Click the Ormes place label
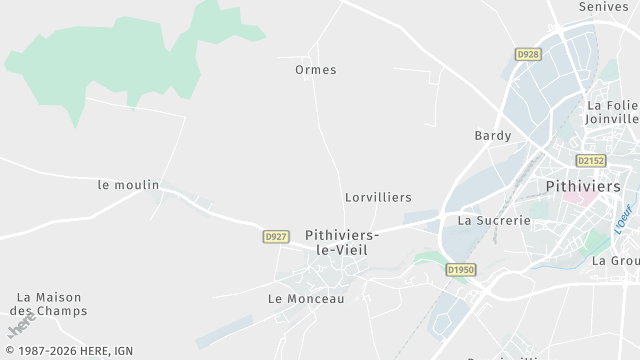coord(316,70)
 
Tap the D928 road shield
coord(528,53)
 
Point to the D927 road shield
coord(276,237)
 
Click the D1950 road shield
coord(461,269)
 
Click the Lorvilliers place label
coord(378,198)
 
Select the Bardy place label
coord(493,136)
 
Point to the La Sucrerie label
coord(493,220)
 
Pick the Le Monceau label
coord(306,299)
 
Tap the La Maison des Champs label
coord(52,304)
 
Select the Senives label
coord(603,7)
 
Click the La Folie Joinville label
coord(612,113)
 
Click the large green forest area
coord(120,60)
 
